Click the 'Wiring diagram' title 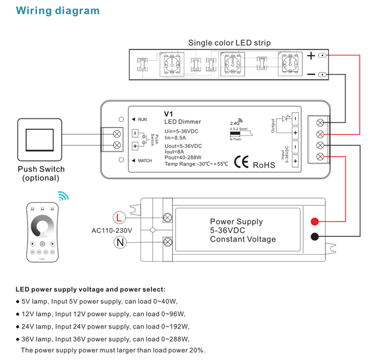[57, 11]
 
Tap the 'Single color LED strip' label [229, 42]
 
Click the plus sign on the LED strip [311, 56]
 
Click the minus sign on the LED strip [311, 74]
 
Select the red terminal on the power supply [315, 221]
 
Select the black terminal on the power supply [315, 236]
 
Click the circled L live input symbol [119, 217]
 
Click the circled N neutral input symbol [119, 242]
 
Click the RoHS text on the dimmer [264, 164]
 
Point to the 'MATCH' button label [145, 161]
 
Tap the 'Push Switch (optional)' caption [41, 173]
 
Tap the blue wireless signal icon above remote [62, 197]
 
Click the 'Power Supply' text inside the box [236, 221]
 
